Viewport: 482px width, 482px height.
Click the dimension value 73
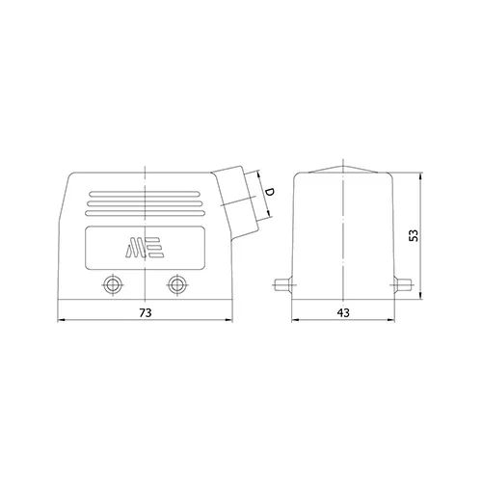coord(146,312)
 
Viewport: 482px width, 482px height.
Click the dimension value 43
coord(343,312)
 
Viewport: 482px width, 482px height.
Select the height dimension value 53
coord(414,235)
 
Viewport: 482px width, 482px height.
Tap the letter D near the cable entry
coord(269,193)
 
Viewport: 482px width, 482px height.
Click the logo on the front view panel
coord(145,248)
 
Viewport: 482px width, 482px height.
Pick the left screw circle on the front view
coord(113,284)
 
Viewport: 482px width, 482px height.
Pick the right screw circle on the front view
coord(176,284)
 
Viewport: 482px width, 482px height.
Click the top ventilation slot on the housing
coord(145,194)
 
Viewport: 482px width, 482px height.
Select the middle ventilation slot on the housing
coord(145,203)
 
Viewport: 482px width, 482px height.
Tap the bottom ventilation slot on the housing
coord(145,213)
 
